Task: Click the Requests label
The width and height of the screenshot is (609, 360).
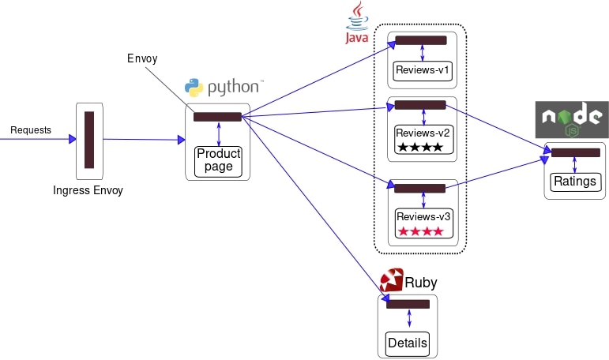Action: click(31, 129)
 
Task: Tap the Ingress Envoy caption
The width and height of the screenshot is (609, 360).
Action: click(88, 190)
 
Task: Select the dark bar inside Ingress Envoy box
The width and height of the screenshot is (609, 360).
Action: click(89, 140)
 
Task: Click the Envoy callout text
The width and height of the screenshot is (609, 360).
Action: click(142, 59)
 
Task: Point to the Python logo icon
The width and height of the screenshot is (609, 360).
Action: click(194, 88)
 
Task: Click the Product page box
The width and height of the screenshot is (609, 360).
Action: click(218, 160)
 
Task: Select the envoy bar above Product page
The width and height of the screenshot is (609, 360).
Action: click(217, 118)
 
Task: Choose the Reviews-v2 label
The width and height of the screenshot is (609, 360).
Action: click(423, 132)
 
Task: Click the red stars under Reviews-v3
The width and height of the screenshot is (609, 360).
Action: click(421, 231)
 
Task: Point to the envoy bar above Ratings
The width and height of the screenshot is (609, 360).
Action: click(575, 153)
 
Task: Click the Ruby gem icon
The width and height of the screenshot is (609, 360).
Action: click(392, 281)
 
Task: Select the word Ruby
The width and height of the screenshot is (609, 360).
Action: click(420, 283)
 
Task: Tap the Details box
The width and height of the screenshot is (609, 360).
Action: click(408, 343)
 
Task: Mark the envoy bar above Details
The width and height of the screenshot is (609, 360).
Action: click(408, 304)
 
